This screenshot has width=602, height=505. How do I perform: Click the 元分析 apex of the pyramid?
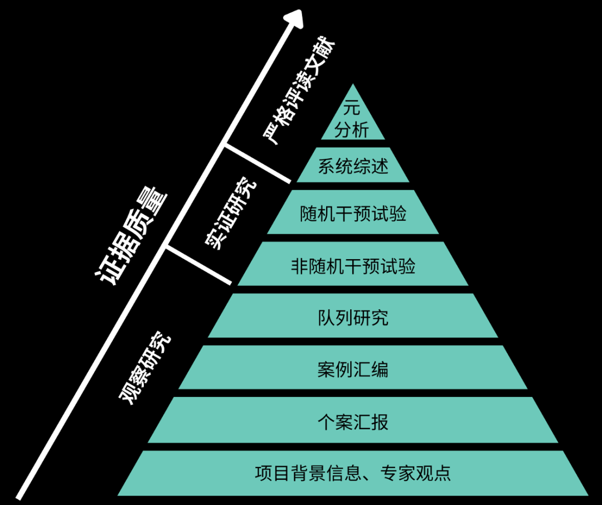[x=352, y=120]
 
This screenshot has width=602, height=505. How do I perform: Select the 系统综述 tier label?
[x=353, y=166]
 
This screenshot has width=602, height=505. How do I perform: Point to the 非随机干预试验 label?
[x=353, y=266]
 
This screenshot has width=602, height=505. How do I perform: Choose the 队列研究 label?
[x=353, y=318]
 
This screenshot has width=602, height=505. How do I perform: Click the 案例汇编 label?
[x=353, y=370]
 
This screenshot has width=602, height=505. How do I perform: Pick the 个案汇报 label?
[x=353, y=421]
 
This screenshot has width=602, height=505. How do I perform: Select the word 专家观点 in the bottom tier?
[x=415, y=473]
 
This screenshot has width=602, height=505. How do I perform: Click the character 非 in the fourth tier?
[x=298, y=266]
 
